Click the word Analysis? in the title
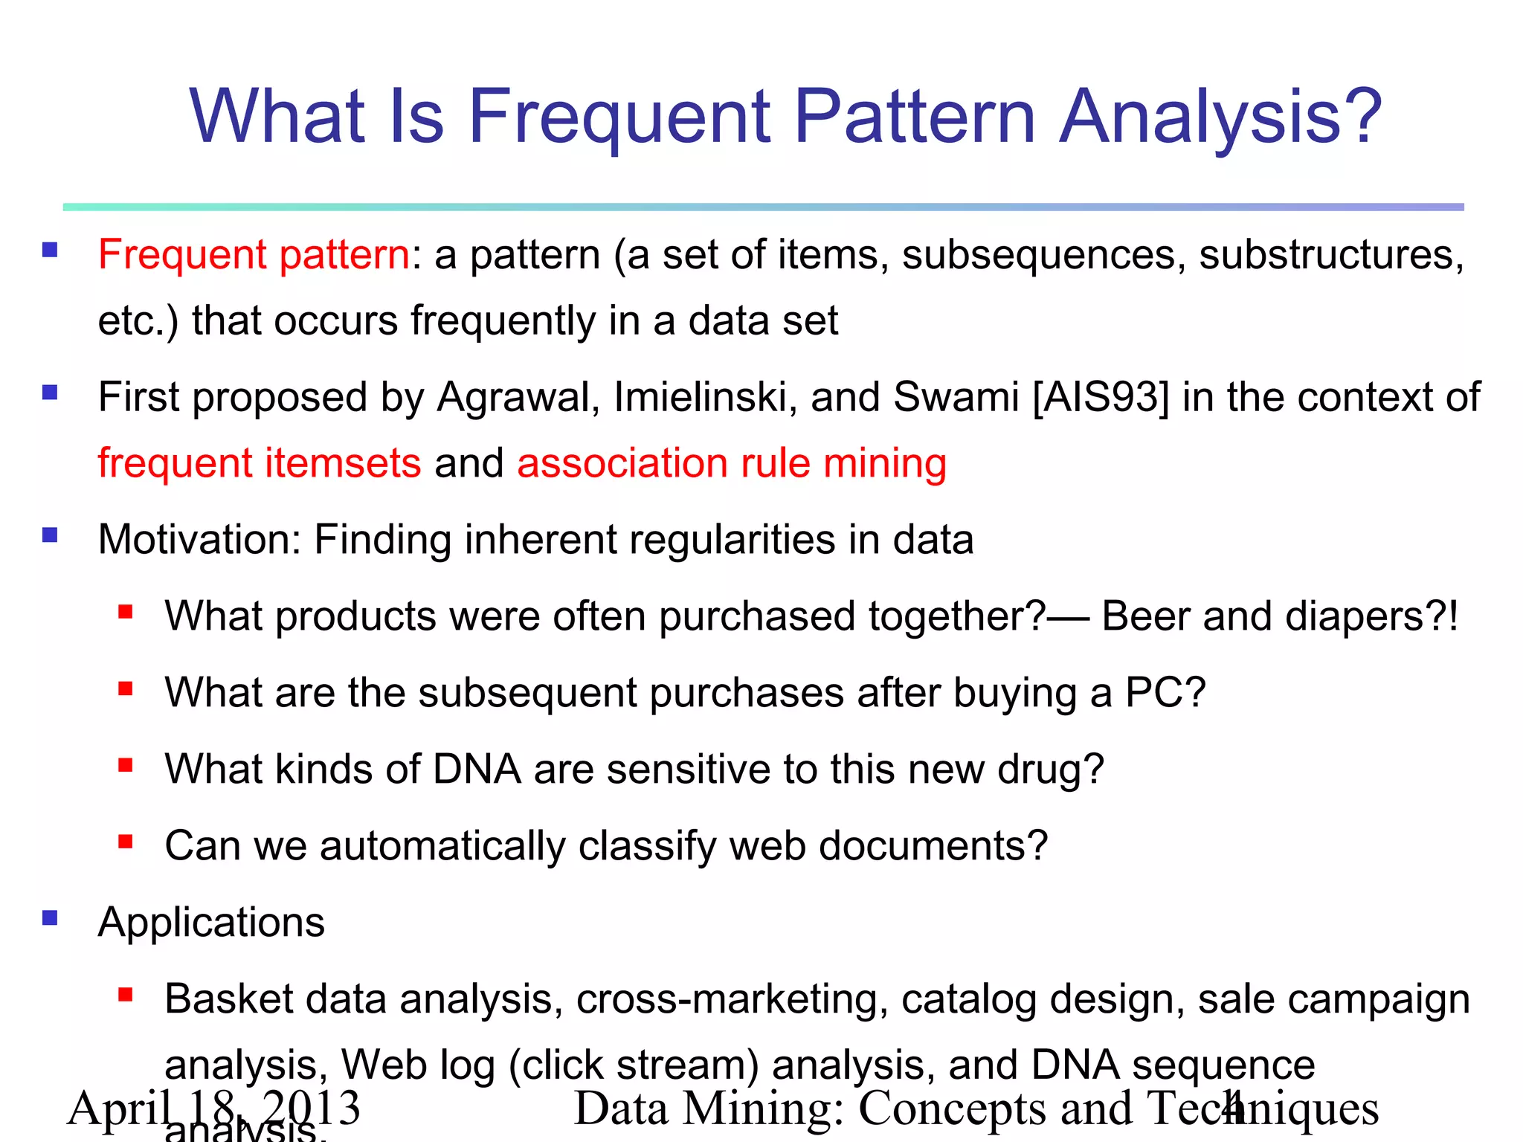1220,117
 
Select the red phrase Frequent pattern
254,255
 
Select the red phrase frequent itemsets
260,463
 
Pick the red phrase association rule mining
732,463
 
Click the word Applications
211,923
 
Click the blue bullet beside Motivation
50,535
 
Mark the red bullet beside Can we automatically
125,842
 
